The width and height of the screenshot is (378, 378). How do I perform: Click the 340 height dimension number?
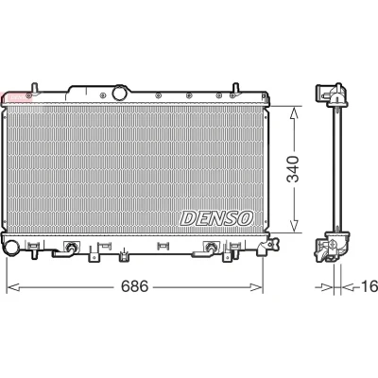[293, 169]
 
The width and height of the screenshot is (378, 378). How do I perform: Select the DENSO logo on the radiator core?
[216, 218]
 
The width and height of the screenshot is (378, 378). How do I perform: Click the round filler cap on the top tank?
[119, 93]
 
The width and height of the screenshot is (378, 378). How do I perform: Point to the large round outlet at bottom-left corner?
[12, 248]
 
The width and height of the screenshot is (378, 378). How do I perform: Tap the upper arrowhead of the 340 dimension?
[294, 112]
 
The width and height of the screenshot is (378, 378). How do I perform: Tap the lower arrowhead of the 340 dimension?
[294, 226]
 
